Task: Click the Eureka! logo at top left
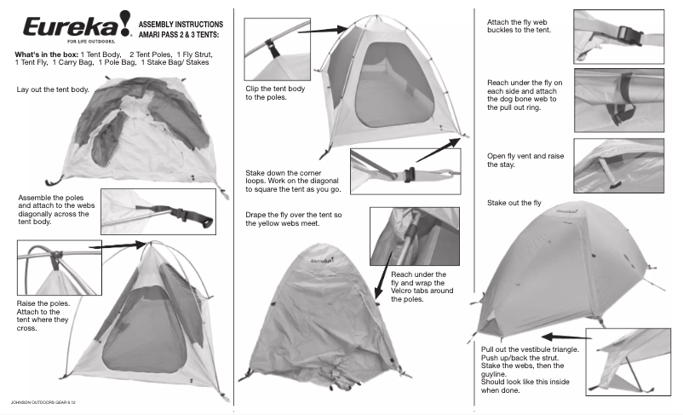pyautogui.click(x=77, y=26)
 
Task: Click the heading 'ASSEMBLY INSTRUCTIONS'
pyautogui.click(x=181, y=25)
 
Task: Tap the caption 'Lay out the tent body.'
pyautogui.click(x=53, y=89)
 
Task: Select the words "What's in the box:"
pyautogui.click(x=47, y=55)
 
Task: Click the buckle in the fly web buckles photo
pyautogui.click(x=630, y=35)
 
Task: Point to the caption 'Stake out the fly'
pyautogui.click(x=514, y=203)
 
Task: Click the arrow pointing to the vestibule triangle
pyautogui.click(x=566, y=337)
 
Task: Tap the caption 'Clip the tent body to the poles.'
pyautogui.click(x=275, y=93)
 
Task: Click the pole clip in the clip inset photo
pyautogui.click(x=272, y=48)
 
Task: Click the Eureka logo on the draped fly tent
pyautogui.click(x=322, y=260)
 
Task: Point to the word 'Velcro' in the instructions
pyautogui.click(x=402, y=291)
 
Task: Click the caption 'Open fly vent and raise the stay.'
pyautogui.click(x=525, y=160)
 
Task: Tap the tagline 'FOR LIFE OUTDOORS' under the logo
pyautogui.click(x=91, y=42)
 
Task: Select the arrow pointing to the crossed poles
pyautogui.click(x=118, y=246)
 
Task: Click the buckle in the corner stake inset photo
pyautogui.click(x=409, y=175)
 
